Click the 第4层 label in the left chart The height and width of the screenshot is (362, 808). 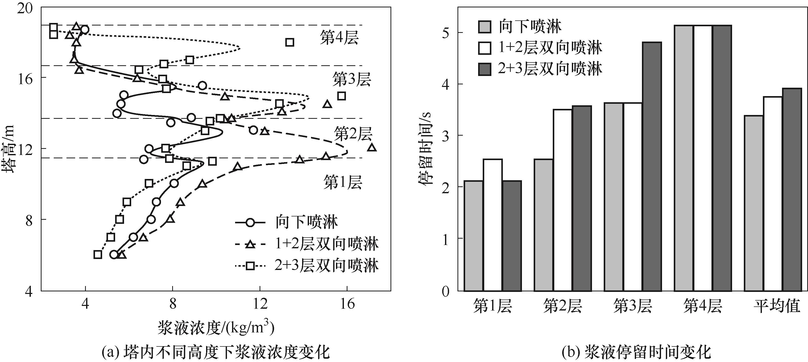(339, 38)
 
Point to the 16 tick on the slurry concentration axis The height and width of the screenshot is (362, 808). (347, 304)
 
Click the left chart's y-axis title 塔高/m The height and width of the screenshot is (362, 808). (9, 149)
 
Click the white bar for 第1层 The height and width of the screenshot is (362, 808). (493, 225)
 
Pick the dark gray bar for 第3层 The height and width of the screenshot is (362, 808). (652, 166)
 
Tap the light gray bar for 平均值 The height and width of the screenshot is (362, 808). (753, 203)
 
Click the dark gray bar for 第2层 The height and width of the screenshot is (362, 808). (582, 198)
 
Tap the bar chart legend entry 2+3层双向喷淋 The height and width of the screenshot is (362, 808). (540, 69)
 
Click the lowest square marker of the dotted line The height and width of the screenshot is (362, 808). (98, 255)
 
